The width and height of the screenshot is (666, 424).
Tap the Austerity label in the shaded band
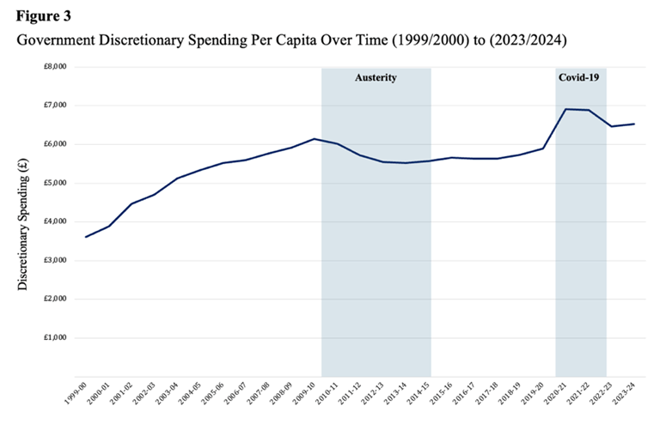click(376, 78)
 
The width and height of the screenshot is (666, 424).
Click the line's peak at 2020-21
click(565, 109)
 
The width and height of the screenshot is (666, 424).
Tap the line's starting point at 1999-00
click(85, 237)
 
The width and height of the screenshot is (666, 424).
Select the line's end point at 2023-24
click(634, 124)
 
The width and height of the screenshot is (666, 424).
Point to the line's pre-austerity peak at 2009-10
click(315, 138)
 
